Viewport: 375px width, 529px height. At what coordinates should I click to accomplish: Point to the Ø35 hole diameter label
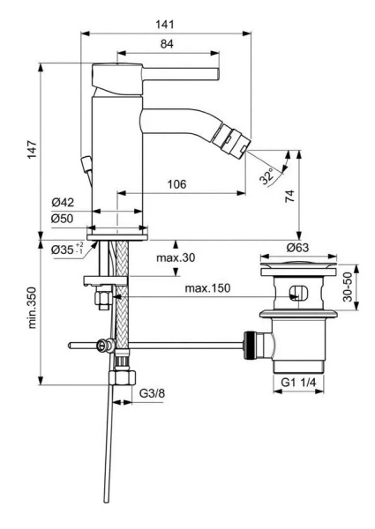[64, 250]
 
